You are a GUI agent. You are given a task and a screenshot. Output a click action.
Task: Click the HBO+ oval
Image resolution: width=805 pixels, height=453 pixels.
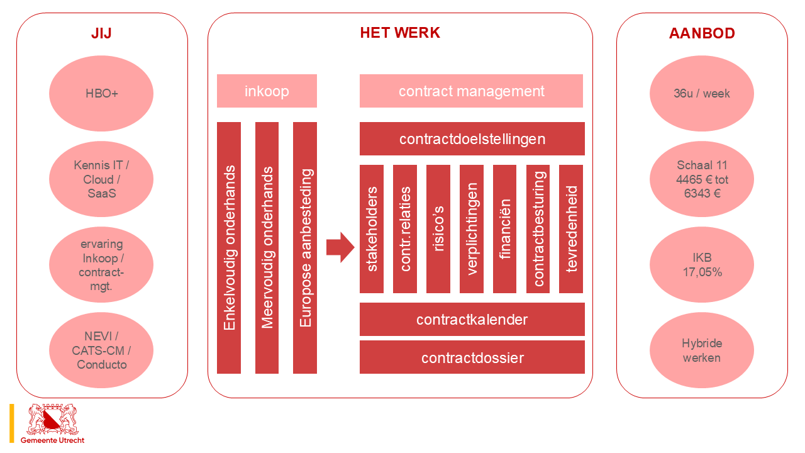click(x=101, y=94)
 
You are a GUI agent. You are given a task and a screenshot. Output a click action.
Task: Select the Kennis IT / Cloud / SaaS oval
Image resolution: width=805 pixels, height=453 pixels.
click(x=101, y=179)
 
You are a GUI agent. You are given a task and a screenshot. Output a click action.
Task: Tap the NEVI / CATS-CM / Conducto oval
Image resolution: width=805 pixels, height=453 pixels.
click(x=101, y=350)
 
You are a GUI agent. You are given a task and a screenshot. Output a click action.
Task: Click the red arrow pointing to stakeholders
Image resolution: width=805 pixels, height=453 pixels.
click(x=340, y=247)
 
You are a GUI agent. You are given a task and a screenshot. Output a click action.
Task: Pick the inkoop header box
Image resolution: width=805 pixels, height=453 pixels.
click(x=267, y=91)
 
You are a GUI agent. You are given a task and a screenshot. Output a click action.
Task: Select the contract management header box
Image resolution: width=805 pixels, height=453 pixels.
click(x=471, y=91)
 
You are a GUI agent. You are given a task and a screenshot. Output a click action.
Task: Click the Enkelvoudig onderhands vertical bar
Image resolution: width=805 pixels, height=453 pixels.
click(x=229, y=248)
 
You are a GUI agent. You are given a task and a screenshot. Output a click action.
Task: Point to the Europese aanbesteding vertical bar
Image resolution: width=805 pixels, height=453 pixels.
click(x=305, y=248)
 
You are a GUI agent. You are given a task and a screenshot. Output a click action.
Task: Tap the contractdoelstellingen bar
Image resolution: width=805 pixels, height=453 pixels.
click(x=472, y=138)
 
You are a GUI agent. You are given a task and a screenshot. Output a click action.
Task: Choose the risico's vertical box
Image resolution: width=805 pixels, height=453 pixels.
click(x=438, y=229)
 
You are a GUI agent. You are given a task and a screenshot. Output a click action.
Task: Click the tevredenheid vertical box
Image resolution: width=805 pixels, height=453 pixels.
click(x=571, y=229)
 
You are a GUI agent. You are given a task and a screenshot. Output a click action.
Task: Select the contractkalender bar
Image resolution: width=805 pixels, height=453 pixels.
click(x=472, y=320)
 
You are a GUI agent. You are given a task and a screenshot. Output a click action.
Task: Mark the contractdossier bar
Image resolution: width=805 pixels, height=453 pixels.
click(x=472, y=357)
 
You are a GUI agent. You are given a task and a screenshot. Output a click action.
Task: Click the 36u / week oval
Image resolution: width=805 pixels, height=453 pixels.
click(x=702, y=94)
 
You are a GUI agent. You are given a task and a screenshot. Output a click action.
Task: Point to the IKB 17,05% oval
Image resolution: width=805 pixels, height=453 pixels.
click(x=702, y=265)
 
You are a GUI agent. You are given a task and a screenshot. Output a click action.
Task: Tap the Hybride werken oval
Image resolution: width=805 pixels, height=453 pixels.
click(x=702, y=350)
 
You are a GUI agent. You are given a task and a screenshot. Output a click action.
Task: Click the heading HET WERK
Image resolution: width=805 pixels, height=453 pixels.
click(x=400, y=33)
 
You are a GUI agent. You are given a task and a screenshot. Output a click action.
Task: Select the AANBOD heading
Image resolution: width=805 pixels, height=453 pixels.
click(x=702, y=33)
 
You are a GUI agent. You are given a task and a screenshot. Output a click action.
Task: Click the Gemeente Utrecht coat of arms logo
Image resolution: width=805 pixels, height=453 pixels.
click(x=53, y=420)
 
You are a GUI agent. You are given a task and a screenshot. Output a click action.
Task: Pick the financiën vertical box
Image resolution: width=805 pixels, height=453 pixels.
click(x=505, y=229)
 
